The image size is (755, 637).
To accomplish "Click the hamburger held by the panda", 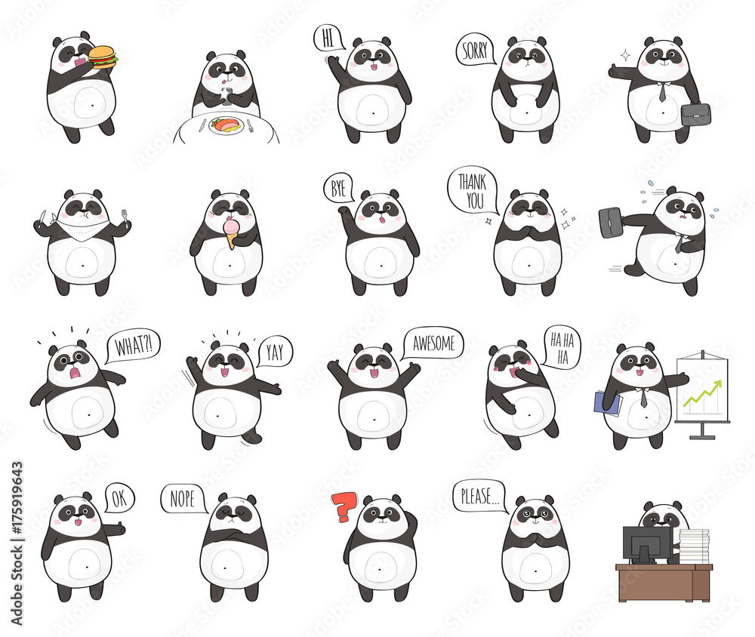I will tap(103, 57).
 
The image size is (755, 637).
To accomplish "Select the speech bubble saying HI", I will tap(328, 38).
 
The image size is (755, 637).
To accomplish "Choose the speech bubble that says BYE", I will tap(337, 188).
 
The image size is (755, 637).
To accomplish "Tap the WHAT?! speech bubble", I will tap(134, 346).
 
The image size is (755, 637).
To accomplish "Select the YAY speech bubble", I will tap(273, 351).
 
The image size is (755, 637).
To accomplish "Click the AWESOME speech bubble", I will tap(433, 343).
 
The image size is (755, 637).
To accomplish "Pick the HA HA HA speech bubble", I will tap(561, 346).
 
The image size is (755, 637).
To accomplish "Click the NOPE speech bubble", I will tap(182, 498).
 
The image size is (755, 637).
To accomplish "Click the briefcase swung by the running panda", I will tap(610, 222).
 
